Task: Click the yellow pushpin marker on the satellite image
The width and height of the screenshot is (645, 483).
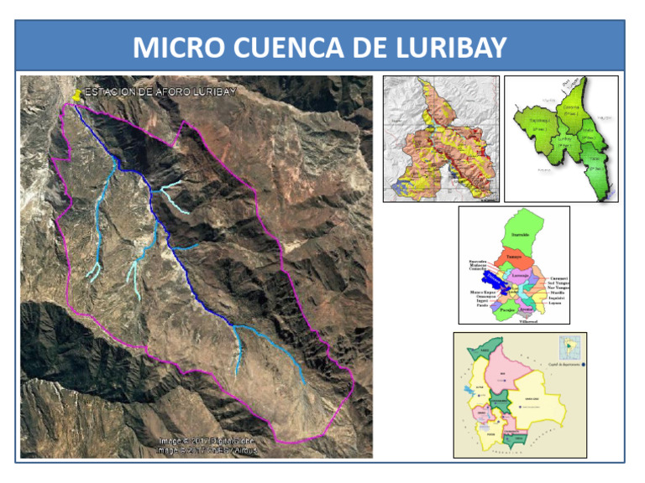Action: [78, 96]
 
